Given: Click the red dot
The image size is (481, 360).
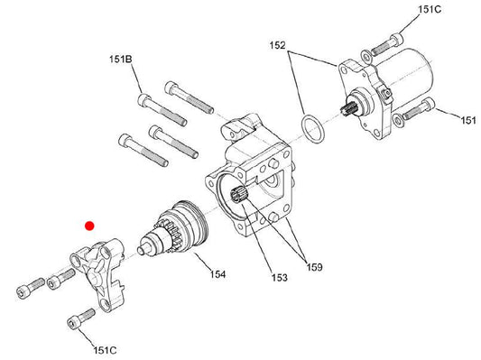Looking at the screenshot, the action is click(89, 226).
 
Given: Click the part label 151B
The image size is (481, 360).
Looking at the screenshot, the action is click(121, 59).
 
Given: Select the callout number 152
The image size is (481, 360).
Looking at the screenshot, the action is click(277, 45).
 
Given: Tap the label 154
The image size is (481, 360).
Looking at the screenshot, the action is click(217, 273).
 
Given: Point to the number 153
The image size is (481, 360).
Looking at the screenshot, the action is click(280, 278).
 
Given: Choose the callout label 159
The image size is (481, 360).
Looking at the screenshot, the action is click(314, 267).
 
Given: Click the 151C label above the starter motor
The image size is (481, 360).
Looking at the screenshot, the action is click(430, 10).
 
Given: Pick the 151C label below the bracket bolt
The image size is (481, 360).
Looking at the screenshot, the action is click(105, 350).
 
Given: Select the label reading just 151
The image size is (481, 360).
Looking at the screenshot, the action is click(468, 120).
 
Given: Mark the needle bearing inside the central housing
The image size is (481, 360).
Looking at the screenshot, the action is click(238, 194).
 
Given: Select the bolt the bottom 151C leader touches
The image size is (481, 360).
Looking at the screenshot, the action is click(80, 319).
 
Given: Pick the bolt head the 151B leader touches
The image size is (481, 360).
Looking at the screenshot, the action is click(144, 100).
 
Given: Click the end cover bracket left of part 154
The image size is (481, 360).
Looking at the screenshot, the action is click(98, 272).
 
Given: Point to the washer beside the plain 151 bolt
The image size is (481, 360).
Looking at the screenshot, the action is click(399, 121).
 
